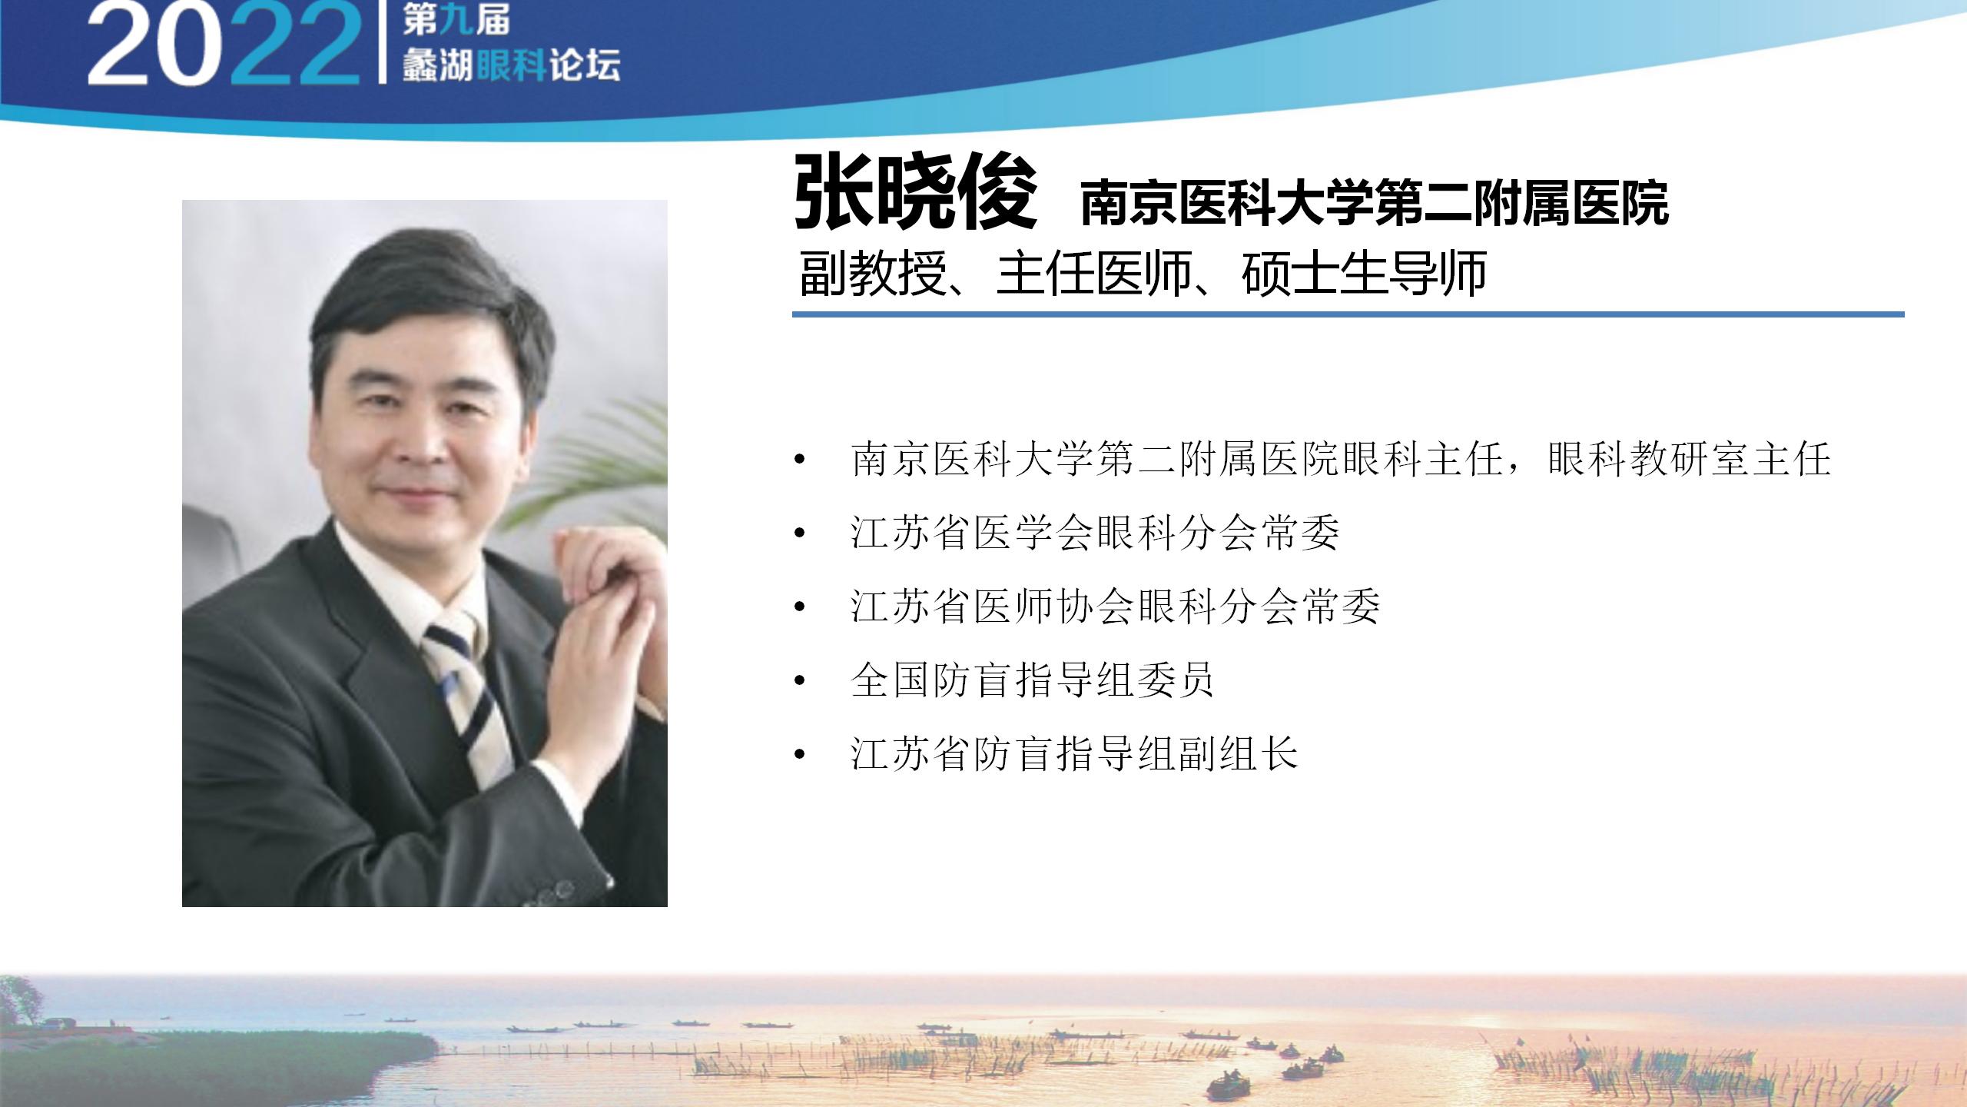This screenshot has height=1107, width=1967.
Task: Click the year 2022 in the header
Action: (x=223, y=45)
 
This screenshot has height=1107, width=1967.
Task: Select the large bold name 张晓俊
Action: (x=915, y=193)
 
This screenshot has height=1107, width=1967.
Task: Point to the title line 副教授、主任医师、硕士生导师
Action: (x=1143, y=273)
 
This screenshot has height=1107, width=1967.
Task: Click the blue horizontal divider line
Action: (x=1348, y=314)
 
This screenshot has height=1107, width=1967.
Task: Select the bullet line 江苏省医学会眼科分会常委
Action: (x=1095, y=533)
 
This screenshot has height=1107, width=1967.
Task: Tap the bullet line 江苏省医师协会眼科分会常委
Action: (x=1116, y=607)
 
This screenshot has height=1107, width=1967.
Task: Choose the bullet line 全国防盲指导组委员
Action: (x=1033, y=680)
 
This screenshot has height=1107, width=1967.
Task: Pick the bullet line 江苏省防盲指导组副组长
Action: (x=1074, y=753)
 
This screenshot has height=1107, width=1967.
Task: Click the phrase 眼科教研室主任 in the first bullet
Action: (x=1690, y=460)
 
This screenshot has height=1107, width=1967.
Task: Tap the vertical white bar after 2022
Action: (x=382, y=42)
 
